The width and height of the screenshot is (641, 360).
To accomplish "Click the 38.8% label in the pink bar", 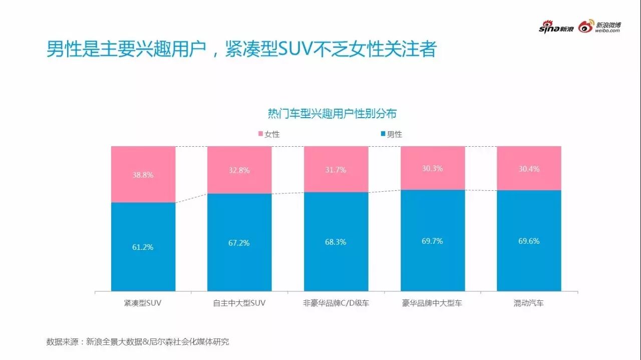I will coord(143,175).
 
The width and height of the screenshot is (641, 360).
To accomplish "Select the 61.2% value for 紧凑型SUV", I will coord(143,247).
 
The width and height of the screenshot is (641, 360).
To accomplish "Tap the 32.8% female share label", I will coord(239,170).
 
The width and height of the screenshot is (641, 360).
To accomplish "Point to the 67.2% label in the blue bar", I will coord(239,243).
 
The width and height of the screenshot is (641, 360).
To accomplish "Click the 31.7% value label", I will coord(336,170).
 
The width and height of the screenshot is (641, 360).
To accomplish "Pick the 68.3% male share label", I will coord(336,242).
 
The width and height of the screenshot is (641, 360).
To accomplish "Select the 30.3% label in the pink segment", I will coord(432,169).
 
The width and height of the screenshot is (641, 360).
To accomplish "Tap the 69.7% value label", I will coord(432,241).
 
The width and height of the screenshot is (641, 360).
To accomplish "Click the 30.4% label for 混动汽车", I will coord(529,169).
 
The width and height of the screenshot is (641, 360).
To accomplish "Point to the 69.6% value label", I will coord(529,241).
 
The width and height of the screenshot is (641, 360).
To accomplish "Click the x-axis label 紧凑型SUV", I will coord(143,303).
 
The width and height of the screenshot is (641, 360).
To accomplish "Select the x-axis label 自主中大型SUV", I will coord(239,303).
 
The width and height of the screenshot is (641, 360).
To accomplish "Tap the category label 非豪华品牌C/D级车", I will coord(336,303).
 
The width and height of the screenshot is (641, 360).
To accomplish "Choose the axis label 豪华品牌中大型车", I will coord(432,303).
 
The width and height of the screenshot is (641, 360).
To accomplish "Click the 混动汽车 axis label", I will coord(528,303).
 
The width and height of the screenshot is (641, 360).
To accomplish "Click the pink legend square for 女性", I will coord(260,134).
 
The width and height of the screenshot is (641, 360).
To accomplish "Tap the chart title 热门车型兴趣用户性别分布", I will coord(332,114).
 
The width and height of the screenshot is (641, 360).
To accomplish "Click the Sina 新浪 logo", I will coord(556,28).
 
